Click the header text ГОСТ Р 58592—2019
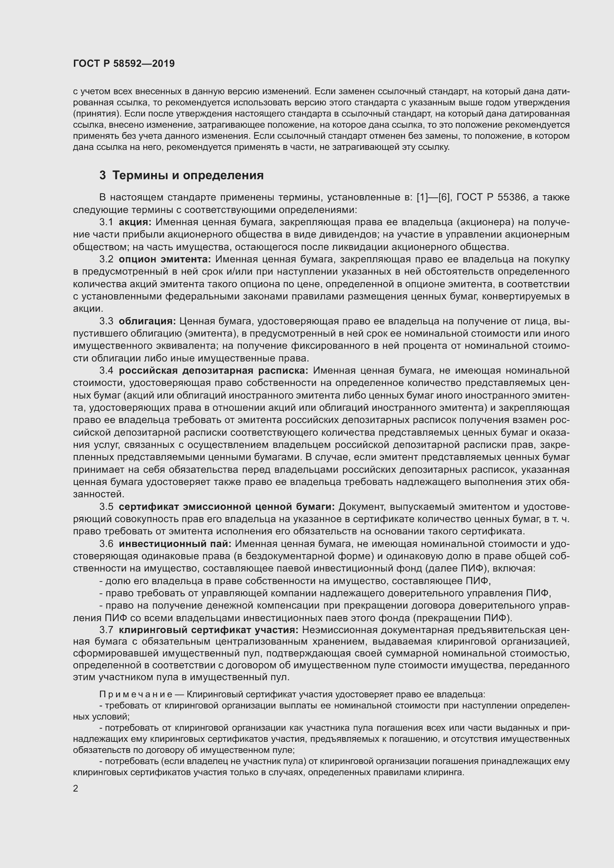124,63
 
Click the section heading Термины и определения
188,176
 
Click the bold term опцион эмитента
165,259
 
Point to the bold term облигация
147,321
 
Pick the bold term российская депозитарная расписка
213,370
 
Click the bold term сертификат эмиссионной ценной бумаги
227,507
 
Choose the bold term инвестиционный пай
175,544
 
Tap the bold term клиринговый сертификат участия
209,630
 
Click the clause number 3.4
106,370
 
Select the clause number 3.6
106,544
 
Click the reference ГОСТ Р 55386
491,197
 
